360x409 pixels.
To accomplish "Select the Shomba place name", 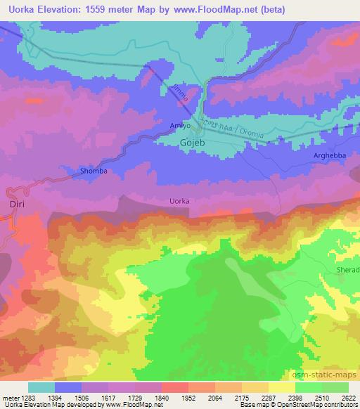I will pyautogui.click(x=93, y=171).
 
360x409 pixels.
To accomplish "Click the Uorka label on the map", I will pyautogui.click(x=180, y=201).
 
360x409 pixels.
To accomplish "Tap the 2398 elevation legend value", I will pyautogui.click(x=287, y=397).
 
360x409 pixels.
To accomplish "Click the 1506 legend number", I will pyautogui.click(x=90, y=397).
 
